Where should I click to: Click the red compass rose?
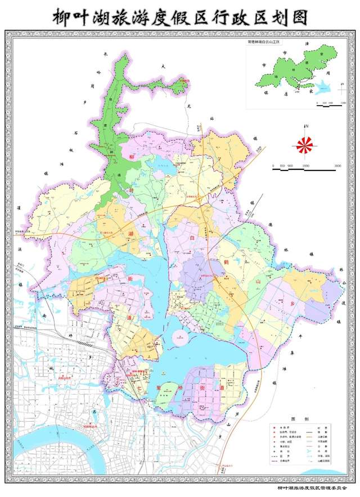coord(304,145)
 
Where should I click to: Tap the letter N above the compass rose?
coord(305,126)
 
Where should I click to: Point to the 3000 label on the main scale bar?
coord(337,166)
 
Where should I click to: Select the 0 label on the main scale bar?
coord(273,166)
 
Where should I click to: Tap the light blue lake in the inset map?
coord(321,88)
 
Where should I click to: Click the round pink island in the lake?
coord(179,339)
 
